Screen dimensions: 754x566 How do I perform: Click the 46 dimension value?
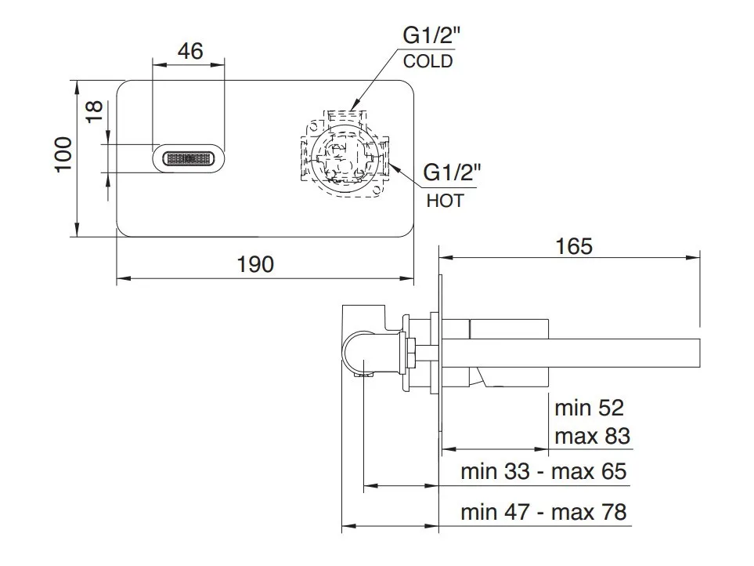click(x=190, y=51)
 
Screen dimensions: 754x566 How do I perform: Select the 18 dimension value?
click(x=94, y=111)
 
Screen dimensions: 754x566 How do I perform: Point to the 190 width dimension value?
click(x=255, y=264)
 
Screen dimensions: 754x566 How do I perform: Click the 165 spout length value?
click(x=574, y=246)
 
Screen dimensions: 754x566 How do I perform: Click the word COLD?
click(x=428, y=62)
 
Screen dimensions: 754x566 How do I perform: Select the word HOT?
click(x=445, y=201)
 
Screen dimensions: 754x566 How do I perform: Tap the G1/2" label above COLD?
click(x=431, y=35)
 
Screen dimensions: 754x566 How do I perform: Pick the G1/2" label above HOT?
click(x=452, y=172)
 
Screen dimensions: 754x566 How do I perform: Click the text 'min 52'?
click(x=589, y=408)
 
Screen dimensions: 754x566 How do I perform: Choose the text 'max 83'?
click(x=592, y=436)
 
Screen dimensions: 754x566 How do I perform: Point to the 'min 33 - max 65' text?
click(x=543, y=471)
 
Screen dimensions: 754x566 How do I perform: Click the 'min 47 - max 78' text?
click(x=543, y=512)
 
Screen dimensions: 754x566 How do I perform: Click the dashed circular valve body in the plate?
click(x=345, y=158)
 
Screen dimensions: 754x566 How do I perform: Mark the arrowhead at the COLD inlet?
click(x=353, y=104)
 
